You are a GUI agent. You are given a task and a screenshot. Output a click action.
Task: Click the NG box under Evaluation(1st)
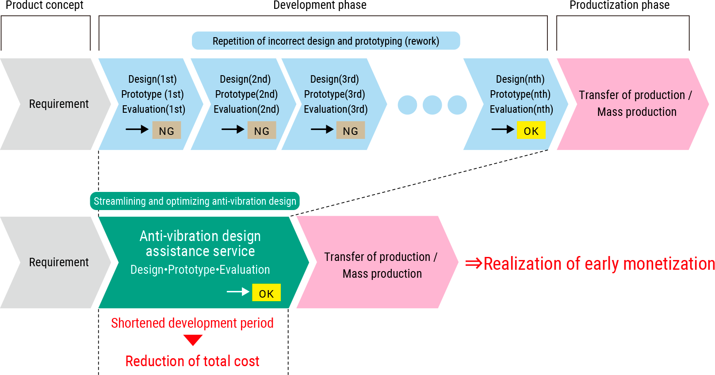(x=167, y=130)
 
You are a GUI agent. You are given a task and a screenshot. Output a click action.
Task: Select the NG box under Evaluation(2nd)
(x=262, y=130)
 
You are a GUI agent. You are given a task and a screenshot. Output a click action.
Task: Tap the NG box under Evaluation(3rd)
(x=351, y=130)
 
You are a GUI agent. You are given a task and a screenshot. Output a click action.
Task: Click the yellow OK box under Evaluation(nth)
(x=531, y=130)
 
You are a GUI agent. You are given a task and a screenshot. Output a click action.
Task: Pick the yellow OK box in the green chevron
(x=267, y=292)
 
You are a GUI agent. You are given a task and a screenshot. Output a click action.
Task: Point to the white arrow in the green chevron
(x=238, y=292)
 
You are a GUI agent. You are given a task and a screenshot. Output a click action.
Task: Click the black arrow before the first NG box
(x=137, y=129)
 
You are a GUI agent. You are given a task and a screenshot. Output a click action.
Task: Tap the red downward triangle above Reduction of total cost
(x=193, y=340)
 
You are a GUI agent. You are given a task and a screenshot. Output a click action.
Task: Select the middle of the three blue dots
(x=432, y=105)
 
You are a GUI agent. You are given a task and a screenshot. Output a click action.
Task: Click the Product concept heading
(x=44, y=5)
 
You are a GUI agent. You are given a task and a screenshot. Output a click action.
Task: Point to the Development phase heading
(x=320, y=5)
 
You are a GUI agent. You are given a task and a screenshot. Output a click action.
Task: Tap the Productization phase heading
(x=619, y=5)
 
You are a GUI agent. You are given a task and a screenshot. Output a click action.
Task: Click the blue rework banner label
(x=326, y=41)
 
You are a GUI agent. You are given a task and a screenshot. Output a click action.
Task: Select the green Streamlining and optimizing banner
(x=195, y=201)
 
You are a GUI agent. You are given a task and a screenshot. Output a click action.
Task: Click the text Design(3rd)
(x=335, y=79)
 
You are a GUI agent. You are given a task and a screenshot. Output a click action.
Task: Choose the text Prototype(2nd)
(x=246, y=94)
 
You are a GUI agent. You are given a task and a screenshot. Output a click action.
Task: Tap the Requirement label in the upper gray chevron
(x=59, y=104)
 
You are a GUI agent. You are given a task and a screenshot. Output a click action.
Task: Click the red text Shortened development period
(x=192, y=323)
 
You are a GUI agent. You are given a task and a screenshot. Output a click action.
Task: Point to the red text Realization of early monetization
(x=590, y=264)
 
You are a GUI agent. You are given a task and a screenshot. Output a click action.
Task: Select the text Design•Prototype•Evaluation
(x=200, y=270)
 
